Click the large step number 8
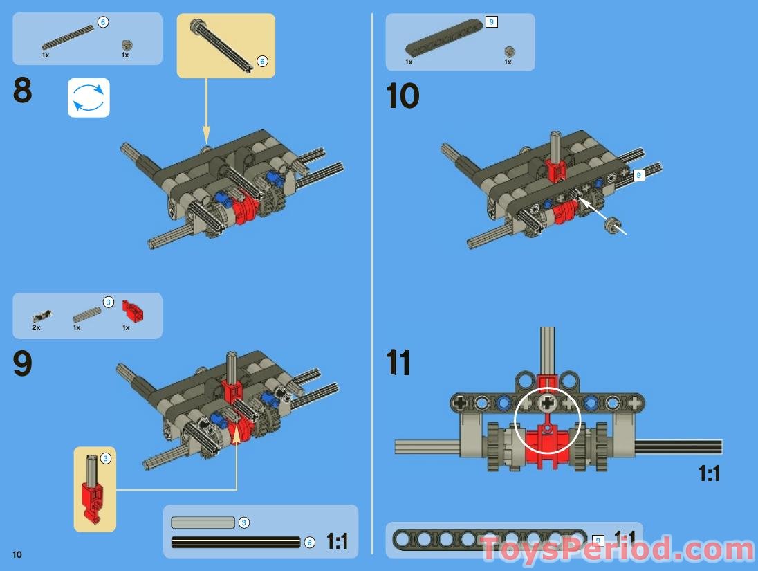point(23,92)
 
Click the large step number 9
point(23,365)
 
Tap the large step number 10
point(402,96)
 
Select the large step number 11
point(398,363)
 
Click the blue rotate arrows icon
point(89,98)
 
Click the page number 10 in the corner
point(17,554)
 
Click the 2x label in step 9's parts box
point(36,327)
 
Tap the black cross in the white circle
point(548,401)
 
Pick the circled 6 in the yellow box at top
point(262,62)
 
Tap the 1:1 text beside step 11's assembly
point(710,474)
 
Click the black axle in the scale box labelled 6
point(235,542)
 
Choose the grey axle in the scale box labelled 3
point(203,523)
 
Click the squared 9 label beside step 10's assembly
point(639,176)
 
